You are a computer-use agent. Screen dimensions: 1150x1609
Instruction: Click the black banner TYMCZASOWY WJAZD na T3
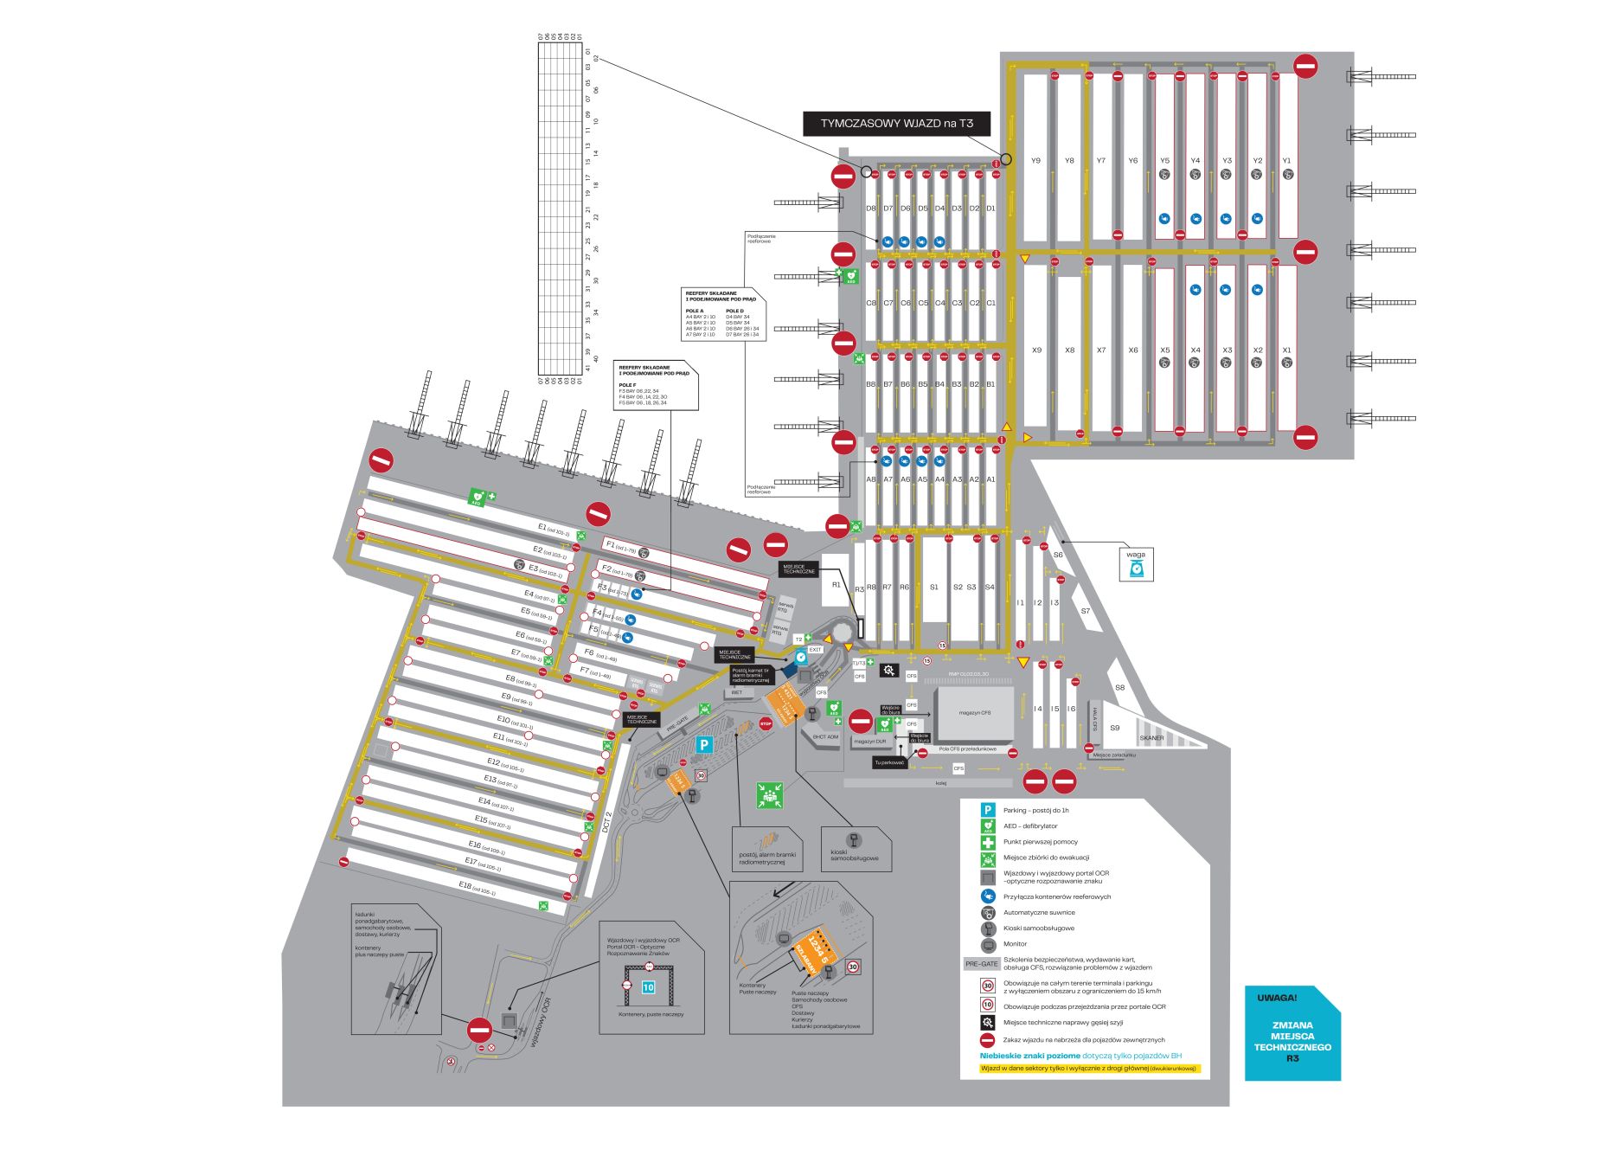pos(896,124)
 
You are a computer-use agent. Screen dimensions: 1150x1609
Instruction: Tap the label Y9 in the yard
pos(1035,161)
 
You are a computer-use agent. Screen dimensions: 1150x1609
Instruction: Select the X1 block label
pos(1287,350)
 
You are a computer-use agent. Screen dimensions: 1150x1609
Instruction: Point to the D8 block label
pos(871,209)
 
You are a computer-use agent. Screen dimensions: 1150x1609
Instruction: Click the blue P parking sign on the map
pos(705,744)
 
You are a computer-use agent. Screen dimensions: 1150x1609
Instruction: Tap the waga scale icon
pos(1136,569)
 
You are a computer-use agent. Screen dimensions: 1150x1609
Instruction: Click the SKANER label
pos(1151,738)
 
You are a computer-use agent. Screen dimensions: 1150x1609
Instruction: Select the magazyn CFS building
pos(975,713)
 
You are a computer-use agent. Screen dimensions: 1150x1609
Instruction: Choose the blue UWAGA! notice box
pos(1292,1033)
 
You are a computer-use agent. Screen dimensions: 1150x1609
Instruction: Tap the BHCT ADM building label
pos(825,737)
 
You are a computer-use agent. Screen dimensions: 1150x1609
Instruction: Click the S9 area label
pos(1114,728)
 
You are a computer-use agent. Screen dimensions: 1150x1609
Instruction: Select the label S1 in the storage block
pos(934,588)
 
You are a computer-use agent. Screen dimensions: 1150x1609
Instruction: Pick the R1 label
pos(836,585)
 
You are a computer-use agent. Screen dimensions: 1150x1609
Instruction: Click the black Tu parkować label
pos(889,762)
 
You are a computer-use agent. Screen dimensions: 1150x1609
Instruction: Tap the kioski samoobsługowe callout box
pos(855,848)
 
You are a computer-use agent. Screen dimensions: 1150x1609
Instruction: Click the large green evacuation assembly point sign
pos(769,795)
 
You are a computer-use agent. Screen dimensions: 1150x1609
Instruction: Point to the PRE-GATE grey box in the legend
pos(982,963)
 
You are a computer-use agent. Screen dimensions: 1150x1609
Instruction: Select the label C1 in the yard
pos(991,303)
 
